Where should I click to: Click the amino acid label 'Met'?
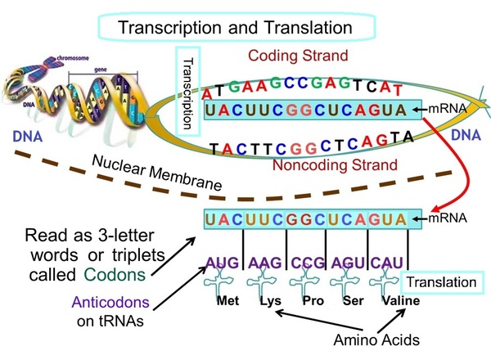(227, 301)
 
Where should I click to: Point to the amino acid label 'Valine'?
(397, 301)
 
